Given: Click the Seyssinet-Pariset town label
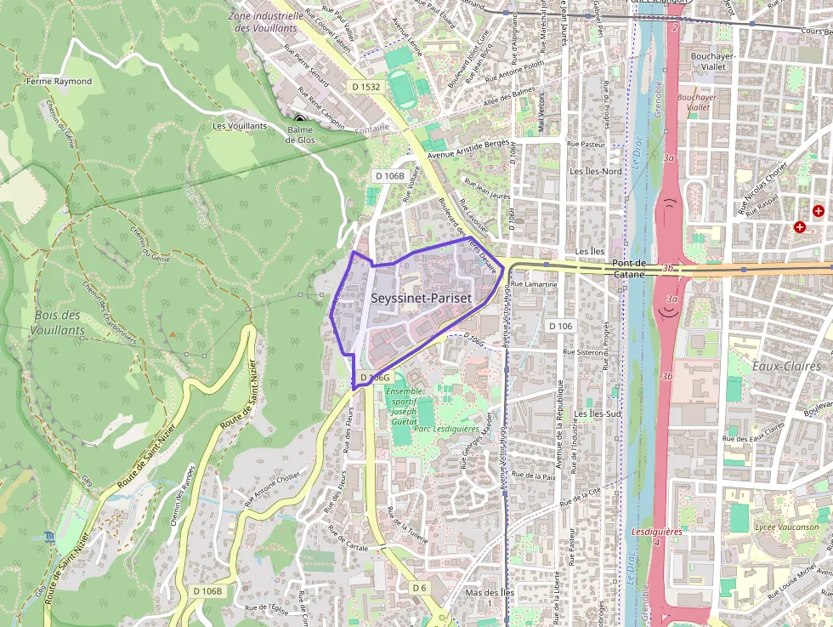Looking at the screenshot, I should tap(421, 299).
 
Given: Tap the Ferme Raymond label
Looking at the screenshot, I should tap(59, 82).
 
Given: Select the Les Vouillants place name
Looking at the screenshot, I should tap(240, 126).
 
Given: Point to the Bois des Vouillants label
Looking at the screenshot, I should tap(57, 322).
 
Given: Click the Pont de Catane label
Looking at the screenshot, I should tap(629, 269).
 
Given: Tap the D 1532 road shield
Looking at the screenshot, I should tap(365, 87).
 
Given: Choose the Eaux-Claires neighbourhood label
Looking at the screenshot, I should tap(786, 367).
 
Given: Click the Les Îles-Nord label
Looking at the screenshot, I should tap(595, 171).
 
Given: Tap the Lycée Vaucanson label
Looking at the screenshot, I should tap(786, 527).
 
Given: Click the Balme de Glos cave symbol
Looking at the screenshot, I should tap(299, 119).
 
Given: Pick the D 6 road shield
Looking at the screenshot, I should tap(418, 588).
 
